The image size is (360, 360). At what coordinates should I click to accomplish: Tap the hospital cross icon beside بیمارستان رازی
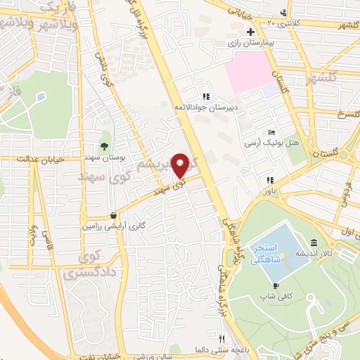(251, 32)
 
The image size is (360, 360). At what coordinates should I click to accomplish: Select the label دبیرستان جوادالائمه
(207, 107)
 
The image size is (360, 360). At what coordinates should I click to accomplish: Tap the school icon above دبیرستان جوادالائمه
(206, 96)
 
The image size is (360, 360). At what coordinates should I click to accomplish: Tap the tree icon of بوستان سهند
(104, 147)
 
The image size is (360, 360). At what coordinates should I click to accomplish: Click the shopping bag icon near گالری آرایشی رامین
(113, 216)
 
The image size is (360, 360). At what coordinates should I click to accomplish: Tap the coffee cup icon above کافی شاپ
(276, 285)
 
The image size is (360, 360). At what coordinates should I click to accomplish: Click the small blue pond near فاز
(39, 96)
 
